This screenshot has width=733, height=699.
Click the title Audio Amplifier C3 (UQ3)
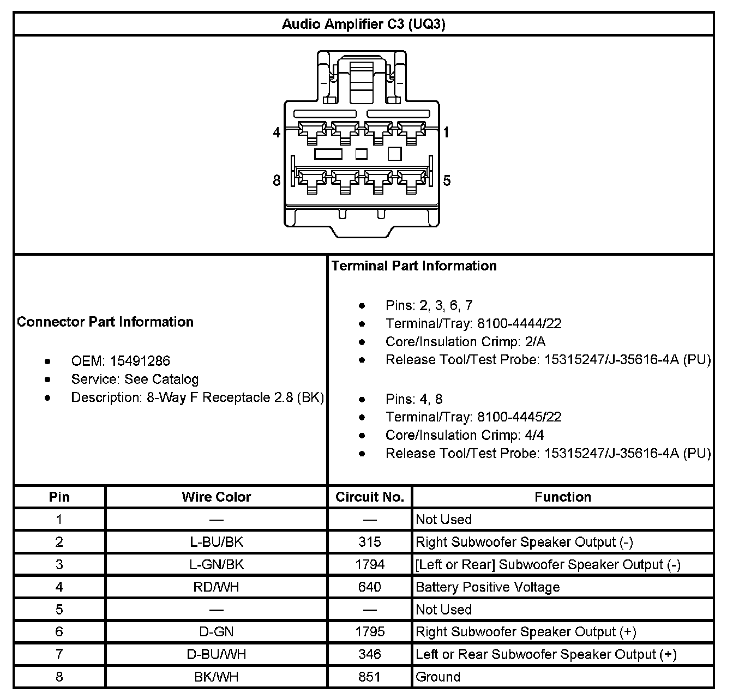click(x=364, y=25)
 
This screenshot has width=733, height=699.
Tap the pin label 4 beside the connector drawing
click(x=277, y=132)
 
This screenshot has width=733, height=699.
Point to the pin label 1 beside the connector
click(x=446, y=132)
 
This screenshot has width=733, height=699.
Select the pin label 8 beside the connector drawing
click(x=277, y=180)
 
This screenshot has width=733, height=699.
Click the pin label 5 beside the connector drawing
click(x=447, y=180)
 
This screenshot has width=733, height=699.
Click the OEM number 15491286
click(x=140, y=361)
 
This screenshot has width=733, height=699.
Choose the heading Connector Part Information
click(x=105, y=322)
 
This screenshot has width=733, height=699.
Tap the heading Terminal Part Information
click(x=414, y=266)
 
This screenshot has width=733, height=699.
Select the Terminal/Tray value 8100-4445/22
click(x=519, y=417)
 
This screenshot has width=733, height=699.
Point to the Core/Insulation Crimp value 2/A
click(x=534, y=342)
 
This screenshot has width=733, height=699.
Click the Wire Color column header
click(x=217, y=497)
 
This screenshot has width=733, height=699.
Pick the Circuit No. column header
click(x=370, y=497)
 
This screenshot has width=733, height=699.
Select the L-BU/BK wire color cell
click(x=217, y=542)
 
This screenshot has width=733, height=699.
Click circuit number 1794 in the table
click(x=370, y=564)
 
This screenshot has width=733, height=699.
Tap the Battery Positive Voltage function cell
click(x=488, y=587)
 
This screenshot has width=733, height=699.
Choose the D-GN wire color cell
click(x=217, y=632)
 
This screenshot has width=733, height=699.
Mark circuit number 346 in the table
click(x=370, y=654)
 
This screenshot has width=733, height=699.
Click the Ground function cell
click(x=438, y=677)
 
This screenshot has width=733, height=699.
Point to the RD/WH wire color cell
click(x=217, y=587)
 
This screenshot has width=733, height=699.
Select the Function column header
click(x=563, y=497)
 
